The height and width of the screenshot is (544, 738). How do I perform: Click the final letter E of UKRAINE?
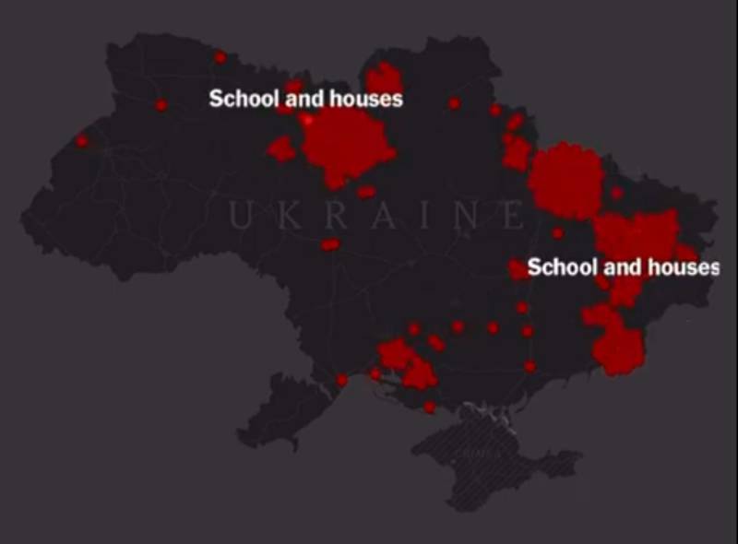[x=513, y=217]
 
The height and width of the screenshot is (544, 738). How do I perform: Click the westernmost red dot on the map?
[x=81, y=141]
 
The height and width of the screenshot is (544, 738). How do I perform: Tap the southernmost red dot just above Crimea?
[x=429, y=407]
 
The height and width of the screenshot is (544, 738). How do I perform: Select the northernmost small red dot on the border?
[x=220, y=57]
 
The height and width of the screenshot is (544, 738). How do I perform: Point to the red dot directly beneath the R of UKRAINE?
[x=329, y=244]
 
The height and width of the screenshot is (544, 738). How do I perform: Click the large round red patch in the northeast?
[x=565, y=181]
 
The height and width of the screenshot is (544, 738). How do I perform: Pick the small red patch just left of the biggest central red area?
[x=282, y=148]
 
